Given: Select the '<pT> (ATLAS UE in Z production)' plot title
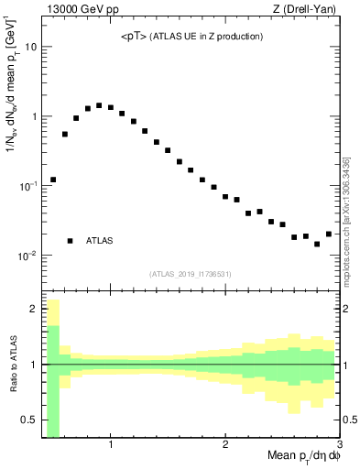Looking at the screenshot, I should tap(192, 37).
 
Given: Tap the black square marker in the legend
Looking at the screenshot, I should tap(70, 241).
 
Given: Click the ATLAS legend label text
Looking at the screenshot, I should tap(99, 241).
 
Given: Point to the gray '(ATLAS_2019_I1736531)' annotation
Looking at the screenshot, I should tap(191, 274).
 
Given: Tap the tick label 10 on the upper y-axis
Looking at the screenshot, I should tap(30, 47).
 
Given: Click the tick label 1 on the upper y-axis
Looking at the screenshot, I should tap(34, 116).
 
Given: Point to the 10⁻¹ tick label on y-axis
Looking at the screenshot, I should tap(28, 185).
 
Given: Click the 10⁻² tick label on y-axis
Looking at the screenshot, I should tap(28, 255).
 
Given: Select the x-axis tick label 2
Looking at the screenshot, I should tap(225, 446).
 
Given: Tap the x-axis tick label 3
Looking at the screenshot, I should tap(339, 446).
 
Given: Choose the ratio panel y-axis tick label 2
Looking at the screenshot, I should tap(34, 309).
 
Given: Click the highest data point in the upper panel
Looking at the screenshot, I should tap(99, 105).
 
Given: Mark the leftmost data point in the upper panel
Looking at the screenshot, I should tap(53, 180).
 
